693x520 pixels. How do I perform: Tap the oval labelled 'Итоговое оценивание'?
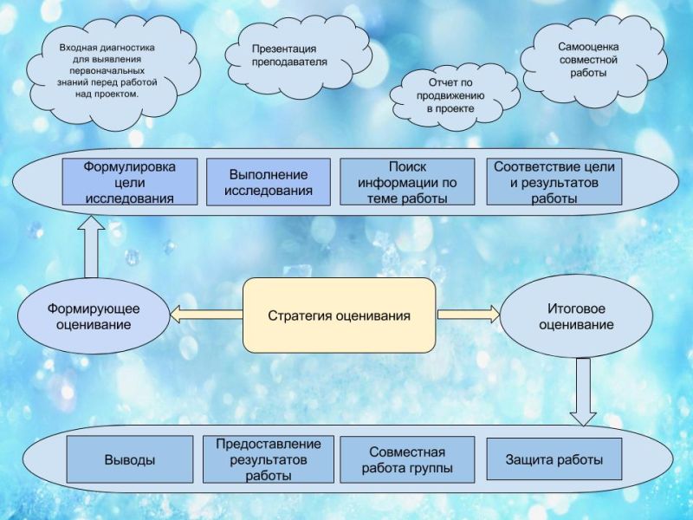pos(576,316)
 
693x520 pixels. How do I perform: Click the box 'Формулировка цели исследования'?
pos(130,181)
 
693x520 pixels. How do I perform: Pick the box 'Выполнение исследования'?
pos(269,181)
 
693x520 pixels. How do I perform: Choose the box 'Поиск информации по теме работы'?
pos(407,181)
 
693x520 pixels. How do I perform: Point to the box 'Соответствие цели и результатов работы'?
pos(554,181)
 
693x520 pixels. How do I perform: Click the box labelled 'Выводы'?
pos(130,459)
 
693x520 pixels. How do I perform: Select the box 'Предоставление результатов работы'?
pos(269,459)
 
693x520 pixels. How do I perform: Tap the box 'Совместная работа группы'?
pos(407,459)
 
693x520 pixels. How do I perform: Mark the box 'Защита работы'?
pos(554,459)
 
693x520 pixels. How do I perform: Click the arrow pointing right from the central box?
pos(468,315)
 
